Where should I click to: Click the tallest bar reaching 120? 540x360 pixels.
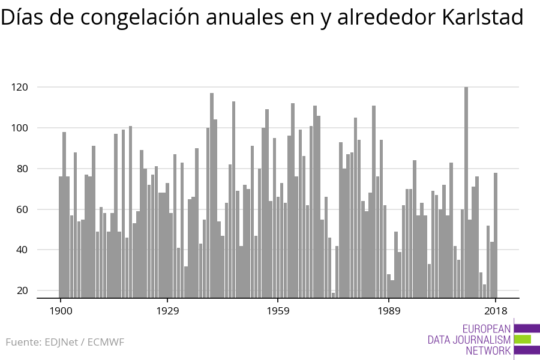[x=466, y=192]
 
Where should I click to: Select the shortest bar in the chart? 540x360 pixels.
[x=334, y=295]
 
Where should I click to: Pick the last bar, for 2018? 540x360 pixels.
[x=496, y=235]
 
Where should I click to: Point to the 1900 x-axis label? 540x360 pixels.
[x=61, y=311]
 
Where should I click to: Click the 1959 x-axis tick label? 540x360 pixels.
[x=278, y=311]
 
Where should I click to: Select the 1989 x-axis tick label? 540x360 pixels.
[x=389, y=311]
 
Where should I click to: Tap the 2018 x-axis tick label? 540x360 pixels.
[x=496, y=311]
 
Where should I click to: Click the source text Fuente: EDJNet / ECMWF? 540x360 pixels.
[x=65, y=343]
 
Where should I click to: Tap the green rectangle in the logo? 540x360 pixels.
[x=523, y=339]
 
